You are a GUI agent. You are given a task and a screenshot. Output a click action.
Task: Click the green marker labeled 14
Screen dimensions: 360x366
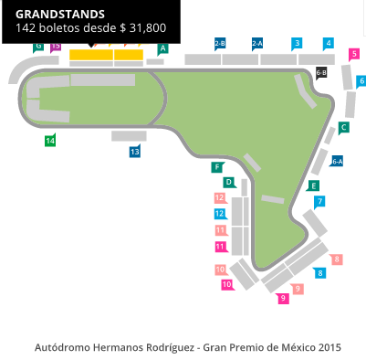(50, 140)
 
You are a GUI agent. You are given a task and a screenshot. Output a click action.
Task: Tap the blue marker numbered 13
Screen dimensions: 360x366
(135, 152)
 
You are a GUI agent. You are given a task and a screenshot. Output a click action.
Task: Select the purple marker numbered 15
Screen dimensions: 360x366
(56, 46)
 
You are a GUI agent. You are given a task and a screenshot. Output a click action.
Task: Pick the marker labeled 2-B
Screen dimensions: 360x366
(220, 43)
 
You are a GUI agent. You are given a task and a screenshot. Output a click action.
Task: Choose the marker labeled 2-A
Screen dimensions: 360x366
(257, 43)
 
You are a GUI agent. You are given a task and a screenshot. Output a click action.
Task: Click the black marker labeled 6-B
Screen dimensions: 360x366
(321, 71)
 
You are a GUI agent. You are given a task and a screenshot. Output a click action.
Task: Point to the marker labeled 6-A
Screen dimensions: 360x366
(337, 161)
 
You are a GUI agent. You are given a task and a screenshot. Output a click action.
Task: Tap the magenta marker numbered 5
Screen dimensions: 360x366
(354, 54)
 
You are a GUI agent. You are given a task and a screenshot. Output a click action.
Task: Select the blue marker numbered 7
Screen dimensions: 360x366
(320, 201)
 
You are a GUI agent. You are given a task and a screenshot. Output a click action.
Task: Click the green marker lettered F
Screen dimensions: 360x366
(217, 167)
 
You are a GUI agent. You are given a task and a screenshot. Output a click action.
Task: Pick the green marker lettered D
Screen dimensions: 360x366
(229, 182)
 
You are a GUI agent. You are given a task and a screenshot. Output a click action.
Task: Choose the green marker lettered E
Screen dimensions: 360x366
(314, 185)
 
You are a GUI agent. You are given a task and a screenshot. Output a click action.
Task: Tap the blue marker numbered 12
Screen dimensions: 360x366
(220, 214)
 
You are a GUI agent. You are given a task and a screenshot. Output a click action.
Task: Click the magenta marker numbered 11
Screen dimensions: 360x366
(220, 247)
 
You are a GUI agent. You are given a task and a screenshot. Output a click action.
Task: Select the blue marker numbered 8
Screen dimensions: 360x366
(320, 272)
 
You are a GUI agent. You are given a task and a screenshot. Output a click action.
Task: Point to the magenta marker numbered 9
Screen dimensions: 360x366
(284, 298)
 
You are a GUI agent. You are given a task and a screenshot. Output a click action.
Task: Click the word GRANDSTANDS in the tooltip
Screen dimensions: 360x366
(60, 15)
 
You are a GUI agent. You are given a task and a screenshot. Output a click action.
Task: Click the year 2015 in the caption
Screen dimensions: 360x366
(329, 347)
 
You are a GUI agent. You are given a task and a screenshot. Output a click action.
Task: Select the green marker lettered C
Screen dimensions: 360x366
(343, 128)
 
